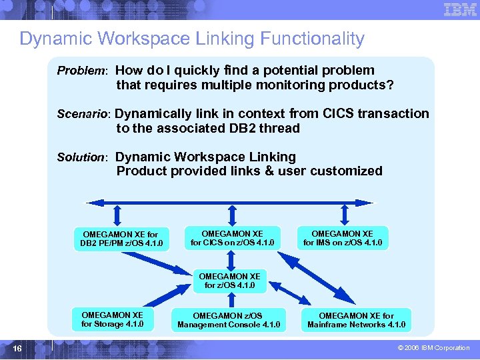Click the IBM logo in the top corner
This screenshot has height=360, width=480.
coord(459,9)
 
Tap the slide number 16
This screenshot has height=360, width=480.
coord(17,349)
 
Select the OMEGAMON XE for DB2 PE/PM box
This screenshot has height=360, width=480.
coord(121,239)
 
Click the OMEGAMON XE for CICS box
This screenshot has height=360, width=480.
coord(232,238)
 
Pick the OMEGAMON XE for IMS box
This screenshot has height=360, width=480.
coord(343,238)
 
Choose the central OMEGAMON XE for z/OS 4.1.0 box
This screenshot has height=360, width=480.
coord(230,281)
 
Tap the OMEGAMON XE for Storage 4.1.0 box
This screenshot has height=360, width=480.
coord(112,319)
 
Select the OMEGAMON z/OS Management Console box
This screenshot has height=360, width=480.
coord(229,320)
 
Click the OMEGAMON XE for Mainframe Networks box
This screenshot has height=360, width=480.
coord(356,320)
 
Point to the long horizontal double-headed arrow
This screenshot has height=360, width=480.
coord(230,202)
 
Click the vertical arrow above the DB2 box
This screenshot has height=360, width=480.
coord(117,215)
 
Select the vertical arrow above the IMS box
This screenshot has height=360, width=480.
coord(344,215)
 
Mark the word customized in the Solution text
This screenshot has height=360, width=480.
coord(349,171)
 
